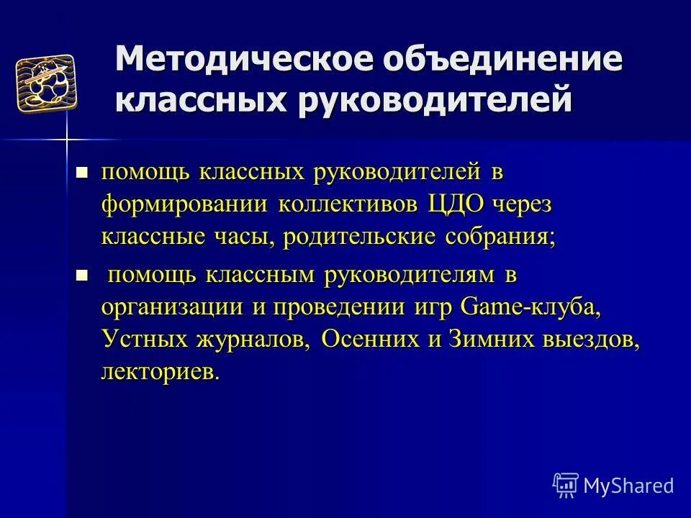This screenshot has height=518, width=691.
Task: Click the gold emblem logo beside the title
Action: point(46,83)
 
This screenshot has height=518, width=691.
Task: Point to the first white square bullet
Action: point(82,173)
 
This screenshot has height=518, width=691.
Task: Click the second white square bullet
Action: point(82,275)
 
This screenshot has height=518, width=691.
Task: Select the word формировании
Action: point(184,205)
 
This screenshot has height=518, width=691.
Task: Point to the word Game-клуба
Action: point(530,308)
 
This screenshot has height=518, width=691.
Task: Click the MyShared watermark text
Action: point(628,485)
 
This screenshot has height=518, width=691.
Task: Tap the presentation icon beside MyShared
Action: point(566,485)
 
